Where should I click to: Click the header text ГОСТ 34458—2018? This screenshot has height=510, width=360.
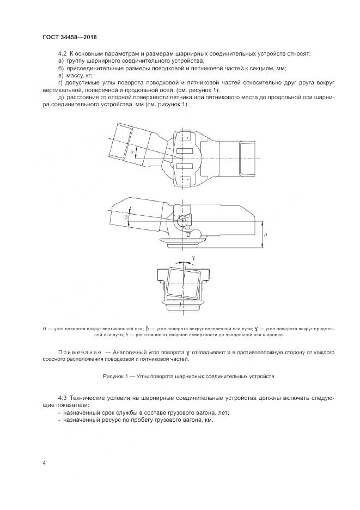(69, 38)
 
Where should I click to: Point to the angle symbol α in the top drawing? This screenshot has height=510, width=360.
(132, 153)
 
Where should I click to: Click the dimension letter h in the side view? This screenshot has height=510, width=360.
(265, 234)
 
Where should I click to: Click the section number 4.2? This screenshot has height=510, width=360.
(62, 54)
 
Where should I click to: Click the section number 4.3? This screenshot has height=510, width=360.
(62, 398)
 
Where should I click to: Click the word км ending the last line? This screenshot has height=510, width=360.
(208, 421)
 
